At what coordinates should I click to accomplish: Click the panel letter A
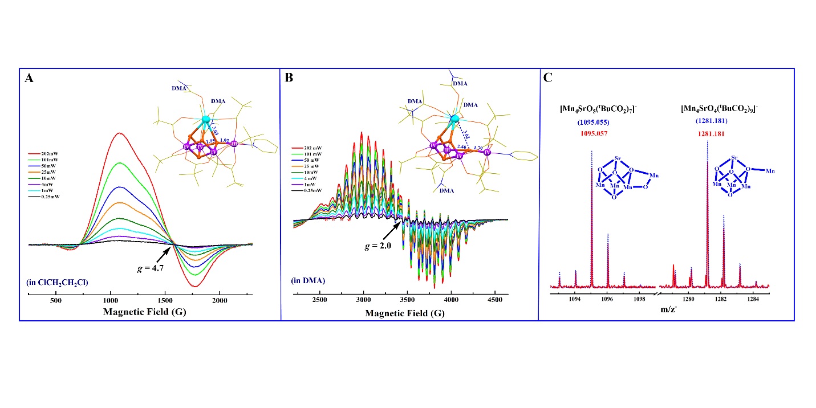tap(29, 79)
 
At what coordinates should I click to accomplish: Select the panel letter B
tap(290, 79)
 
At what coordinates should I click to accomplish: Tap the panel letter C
tap(547, 78)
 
